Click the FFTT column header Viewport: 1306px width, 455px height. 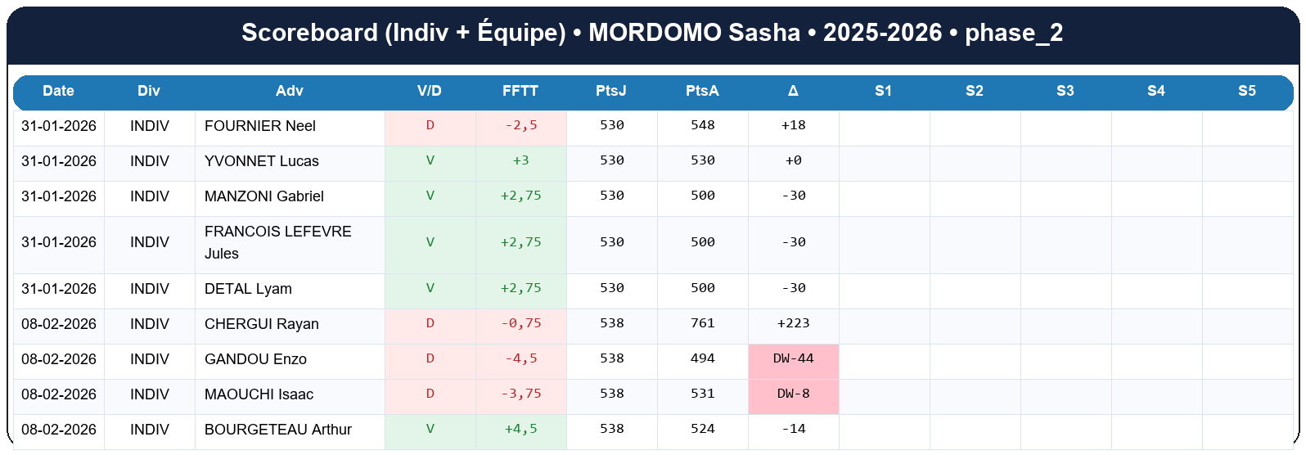(x=520, y=91)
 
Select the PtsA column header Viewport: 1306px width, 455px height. (x=702, y=91)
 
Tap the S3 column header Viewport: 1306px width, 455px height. (x=1065, y=91)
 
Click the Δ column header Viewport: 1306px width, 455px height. (x=793, y=91)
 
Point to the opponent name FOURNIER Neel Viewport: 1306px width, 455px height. (x=260, y=126)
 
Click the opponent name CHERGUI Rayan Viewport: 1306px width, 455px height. (x=262, y=324)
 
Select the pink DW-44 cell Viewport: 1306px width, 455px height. (x=793, y=358)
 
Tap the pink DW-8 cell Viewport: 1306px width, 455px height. (x=793, y=394)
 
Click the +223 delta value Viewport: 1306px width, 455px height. (x=793, y=323)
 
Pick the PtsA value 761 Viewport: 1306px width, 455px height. (x=702, y=323)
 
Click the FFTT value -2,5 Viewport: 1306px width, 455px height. (x=520, y=125)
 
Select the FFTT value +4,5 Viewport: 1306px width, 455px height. (x=520, y=429)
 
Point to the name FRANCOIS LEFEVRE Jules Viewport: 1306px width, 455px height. (x=277, y=242)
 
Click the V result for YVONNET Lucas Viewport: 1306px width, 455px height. (x=430, y=160)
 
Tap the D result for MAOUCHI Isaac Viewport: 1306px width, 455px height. (x=430, y=394)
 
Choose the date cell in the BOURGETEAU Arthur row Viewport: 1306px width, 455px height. (x=59, y=430)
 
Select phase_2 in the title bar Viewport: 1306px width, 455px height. (x=1014, y=33)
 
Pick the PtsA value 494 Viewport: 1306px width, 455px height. (x=702, y=358)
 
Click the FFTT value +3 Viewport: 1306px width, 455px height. (x=520, y=160)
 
